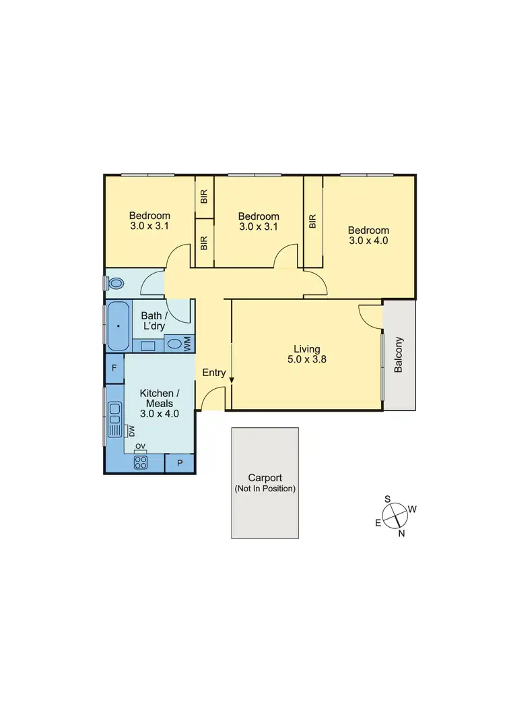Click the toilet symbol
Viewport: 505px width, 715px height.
(116, 284)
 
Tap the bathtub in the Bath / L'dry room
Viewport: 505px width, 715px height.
(119, 326)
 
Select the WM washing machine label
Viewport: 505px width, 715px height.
(187, 344)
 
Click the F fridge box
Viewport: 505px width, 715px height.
(114, 368)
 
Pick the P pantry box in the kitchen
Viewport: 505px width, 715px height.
(179, 463)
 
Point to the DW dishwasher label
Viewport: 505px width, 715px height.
(132, 430)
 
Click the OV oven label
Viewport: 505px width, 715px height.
(141, 446)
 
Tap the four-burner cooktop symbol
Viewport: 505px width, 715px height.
(141, 462)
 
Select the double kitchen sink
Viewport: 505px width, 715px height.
(114, 417)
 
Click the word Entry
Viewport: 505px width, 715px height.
(214, 373)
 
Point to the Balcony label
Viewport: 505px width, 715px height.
(399, 354)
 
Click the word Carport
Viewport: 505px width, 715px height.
(265, 476)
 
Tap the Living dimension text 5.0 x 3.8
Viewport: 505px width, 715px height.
(306, 359)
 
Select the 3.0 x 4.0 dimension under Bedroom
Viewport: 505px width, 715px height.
(368, 240)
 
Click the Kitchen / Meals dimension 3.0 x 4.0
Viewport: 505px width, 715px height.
(159, 414)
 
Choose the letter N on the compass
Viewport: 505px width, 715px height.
(402, 534)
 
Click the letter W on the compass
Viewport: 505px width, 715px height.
(412, 509)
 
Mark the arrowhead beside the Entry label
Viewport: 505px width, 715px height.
(231, 381)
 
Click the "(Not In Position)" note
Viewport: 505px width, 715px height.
(265, 489)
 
